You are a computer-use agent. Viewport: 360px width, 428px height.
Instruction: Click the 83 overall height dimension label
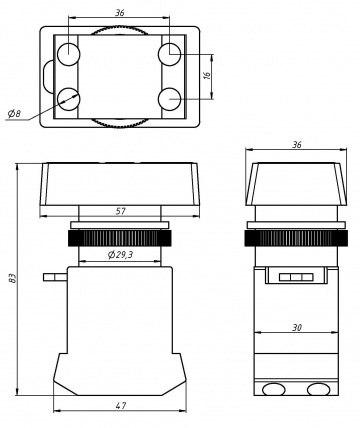pyautogui.click(x=12, y=278)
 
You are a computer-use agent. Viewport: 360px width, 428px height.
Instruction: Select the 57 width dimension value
pyautogui.click(x=121, y=211)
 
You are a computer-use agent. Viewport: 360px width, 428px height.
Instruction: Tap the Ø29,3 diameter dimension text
pyautogui.click(x=120, y=255)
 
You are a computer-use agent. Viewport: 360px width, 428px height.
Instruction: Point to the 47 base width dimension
pyautogui.click(x=121, y=406)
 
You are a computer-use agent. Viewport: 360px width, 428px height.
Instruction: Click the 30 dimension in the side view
pyautogui.click(x=297, y=328)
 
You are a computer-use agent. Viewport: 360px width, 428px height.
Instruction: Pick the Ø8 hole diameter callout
pyautogui.click(x=14, y=114)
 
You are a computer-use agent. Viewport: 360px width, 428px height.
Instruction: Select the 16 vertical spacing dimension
pyautogui.click(x=207, y=76)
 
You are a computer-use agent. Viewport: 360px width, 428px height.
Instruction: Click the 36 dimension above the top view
pyautogui.click(x=120, y=13)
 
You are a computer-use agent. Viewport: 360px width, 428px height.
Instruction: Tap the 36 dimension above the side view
pyautogui.click(x=297, y=145)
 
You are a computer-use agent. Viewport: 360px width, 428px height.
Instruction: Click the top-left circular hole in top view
pyautogui.click(x=68, y=54)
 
